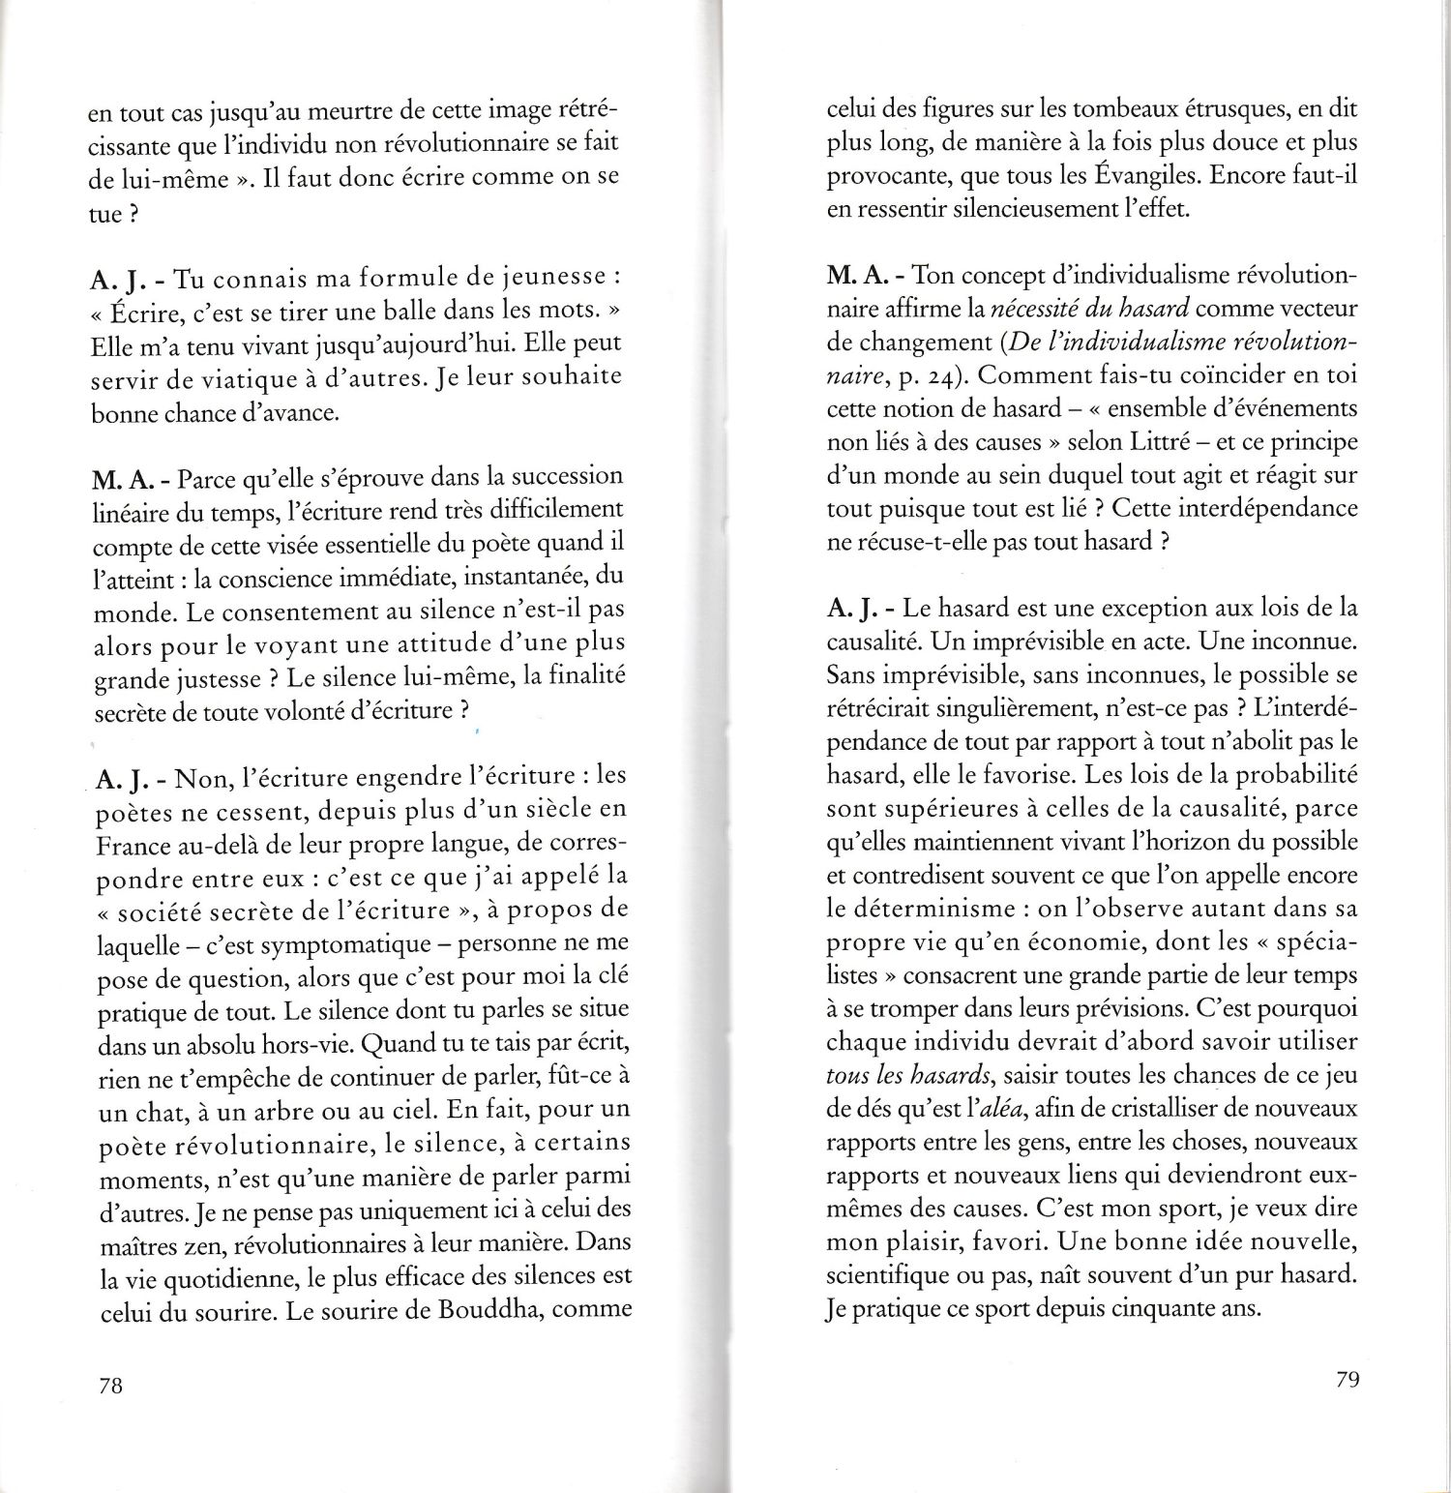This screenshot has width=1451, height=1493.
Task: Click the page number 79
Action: pos(1346,1380)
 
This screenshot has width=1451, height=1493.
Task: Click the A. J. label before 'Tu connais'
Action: pos(120,280)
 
